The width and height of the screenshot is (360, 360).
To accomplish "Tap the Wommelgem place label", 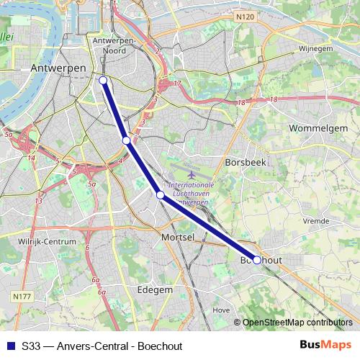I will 318,128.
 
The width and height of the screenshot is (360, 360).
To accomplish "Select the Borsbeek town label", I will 246,163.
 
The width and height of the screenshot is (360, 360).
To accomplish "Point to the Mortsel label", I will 180,236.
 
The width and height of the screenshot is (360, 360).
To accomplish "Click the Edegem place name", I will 155,289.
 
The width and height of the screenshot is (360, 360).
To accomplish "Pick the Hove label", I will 222,310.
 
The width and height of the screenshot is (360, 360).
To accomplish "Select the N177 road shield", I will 21,296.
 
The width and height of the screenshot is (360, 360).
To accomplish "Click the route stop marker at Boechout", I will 257,260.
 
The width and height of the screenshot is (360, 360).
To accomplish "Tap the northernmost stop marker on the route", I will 103,81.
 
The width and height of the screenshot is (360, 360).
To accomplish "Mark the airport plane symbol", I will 192,174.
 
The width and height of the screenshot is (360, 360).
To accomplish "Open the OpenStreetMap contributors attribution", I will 297,323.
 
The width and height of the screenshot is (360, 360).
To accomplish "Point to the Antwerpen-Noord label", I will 115,45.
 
